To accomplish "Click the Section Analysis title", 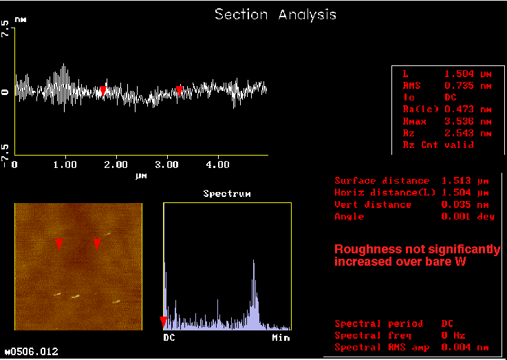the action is (275, 14).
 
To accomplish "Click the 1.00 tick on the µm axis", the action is (65, 165).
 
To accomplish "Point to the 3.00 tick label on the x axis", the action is (167, 165).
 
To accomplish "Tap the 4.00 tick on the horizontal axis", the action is (217, 165).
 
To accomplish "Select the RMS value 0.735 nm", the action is (468, 86).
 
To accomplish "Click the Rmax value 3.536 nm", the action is (468, 122).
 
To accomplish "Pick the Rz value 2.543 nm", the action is (468, 134).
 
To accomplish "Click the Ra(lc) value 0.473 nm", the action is (468, 109).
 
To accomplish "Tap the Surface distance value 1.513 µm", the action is (465, 181).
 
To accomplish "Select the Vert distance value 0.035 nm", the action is (465, 204).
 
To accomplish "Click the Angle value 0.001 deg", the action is (468, 216).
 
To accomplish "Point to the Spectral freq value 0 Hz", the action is (453, 335).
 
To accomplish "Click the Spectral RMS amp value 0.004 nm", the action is (465, 348).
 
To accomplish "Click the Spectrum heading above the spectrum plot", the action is (227, 193).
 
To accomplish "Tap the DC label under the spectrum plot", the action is (169, 338).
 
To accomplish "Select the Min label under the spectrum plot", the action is (281, 338).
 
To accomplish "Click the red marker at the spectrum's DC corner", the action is (164, 322).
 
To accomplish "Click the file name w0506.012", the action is (32, 351).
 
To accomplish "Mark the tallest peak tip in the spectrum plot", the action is (253, 260).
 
